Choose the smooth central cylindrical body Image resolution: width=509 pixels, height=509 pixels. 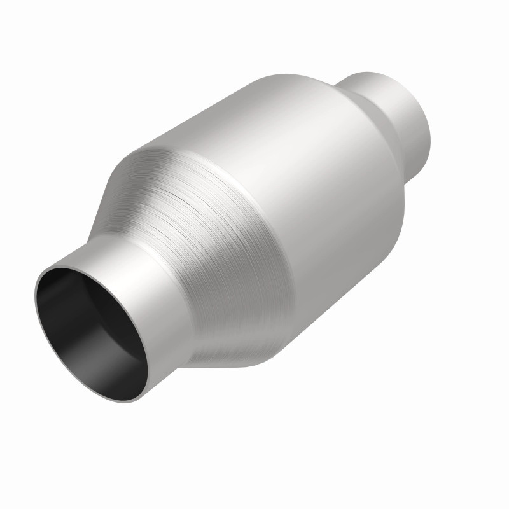coord(305,191)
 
